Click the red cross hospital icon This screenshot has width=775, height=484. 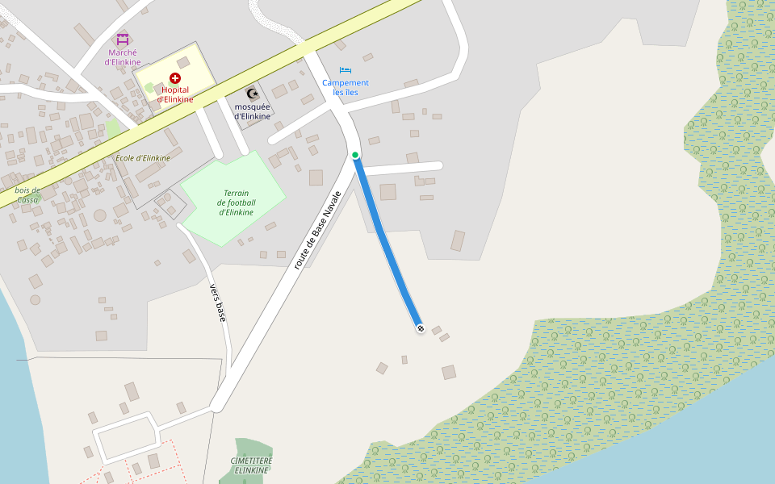click(x=175, y=77)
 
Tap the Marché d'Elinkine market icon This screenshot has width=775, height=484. click(x=123, y=38)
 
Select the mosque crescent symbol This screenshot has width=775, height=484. click(x=252, y=94)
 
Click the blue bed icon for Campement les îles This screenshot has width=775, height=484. click(x=346, y=70)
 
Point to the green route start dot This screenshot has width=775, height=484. click(x=355, y=155)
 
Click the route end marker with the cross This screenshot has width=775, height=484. click(x=421, y=328)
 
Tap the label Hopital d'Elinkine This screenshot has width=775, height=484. click(x=175, y=94)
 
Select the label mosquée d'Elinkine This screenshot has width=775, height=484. click(x=253, y=111)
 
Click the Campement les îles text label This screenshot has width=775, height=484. click(x=346, y=87)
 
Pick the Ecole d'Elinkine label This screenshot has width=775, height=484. click(x=143, y=158)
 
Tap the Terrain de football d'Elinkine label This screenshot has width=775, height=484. click(x=236, y=202)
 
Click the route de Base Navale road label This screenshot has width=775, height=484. click(x=318, y=230)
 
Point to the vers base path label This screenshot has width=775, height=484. click(x=217, y=302)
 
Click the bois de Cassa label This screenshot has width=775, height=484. click(x=27, y=194)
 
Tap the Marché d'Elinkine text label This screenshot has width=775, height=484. click(x=123, y=57)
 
